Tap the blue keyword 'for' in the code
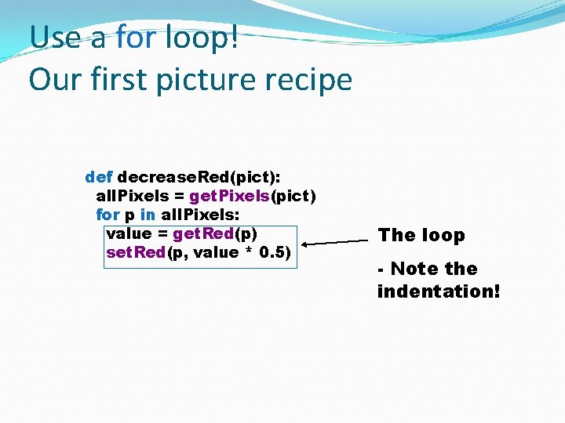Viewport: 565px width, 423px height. coord(108,214)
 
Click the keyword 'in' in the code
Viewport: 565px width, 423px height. coord(148,214)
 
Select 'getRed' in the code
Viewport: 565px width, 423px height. coord(203,233)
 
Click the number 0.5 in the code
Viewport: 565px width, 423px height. coord(275,251)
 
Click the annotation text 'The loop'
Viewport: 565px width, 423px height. coord(421,235)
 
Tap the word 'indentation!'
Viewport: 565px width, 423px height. coord(438,291)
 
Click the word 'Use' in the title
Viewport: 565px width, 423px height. coord(55,38)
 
